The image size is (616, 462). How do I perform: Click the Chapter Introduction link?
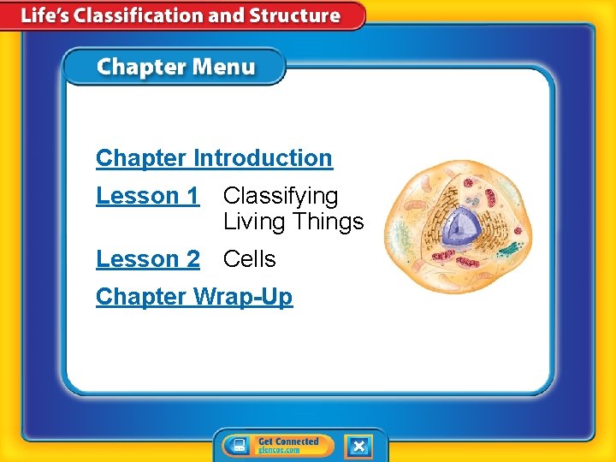point(214,158)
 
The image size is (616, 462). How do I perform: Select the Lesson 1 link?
point(147,196)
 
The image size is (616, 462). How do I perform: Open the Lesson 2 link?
point(147,258)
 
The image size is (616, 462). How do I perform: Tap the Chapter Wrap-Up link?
point(194,297)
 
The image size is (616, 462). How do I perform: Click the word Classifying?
point(281,197)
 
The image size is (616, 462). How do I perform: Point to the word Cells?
point(249,258)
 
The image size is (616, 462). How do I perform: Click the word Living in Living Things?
point(254,222)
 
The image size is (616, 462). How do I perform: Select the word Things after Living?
point(329,222)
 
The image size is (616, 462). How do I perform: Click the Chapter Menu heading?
point(175,68)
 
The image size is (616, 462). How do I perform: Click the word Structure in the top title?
point(295,15)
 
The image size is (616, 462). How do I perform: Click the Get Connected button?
point(278,446)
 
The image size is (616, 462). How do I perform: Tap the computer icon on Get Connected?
point(240,446)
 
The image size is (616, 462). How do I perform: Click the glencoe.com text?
point(279,450)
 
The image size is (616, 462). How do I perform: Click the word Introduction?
point(263,158)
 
